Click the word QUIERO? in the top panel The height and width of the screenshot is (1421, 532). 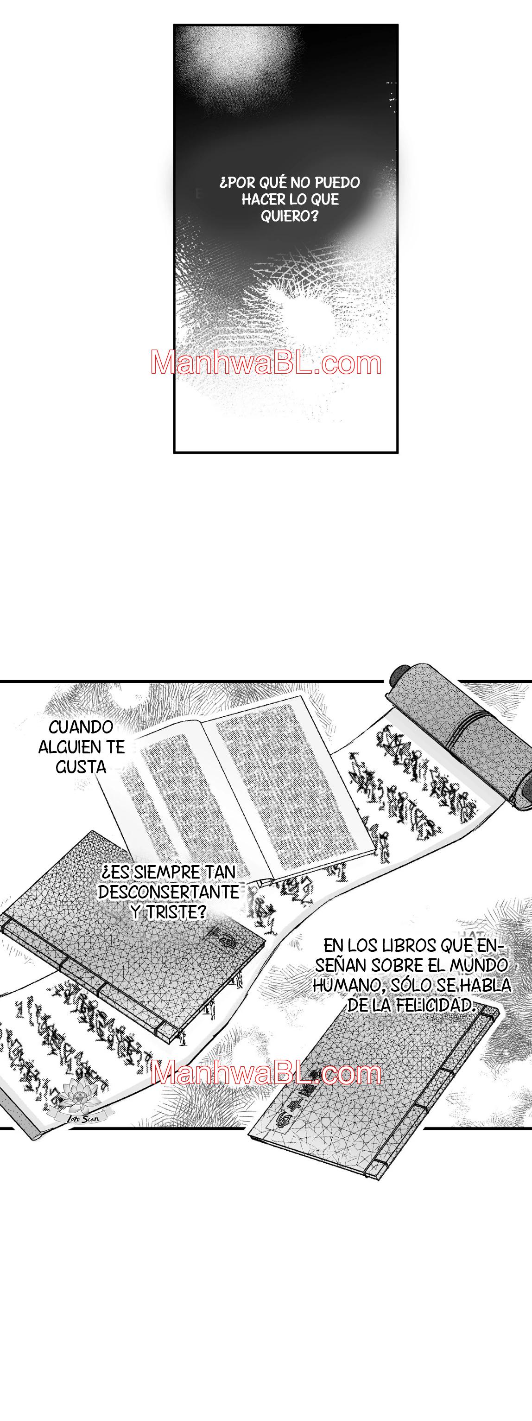pyautogui.click(x=290, y=216)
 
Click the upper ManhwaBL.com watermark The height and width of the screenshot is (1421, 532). pyautogui.click(x=266, y=363)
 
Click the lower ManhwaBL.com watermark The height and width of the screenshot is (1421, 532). pyautogui.click(x=266, y=1073)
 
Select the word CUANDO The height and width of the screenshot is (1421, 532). pyautogui.click(x=81, y=727)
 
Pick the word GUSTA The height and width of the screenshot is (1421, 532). pyautogui.click(x=81, y=767)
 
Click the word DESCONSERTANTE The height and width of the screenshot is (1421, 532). pyautogui.click(x=169, y=892)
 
